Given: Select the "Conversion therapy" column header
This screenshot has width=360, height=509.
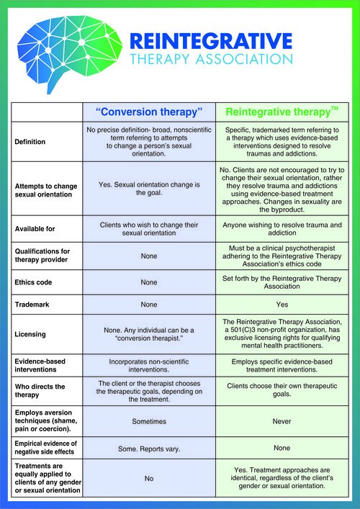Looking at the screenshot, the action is pyautogui.click(x=149, y=112).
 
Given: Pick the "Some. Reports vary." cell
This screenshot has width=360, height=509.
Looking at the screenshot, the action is pyautogui.click(x=149, y=449).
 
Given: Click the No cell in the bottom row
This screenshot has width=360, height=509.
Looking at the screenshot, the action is pyautogui.click(x=149, y=477).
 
